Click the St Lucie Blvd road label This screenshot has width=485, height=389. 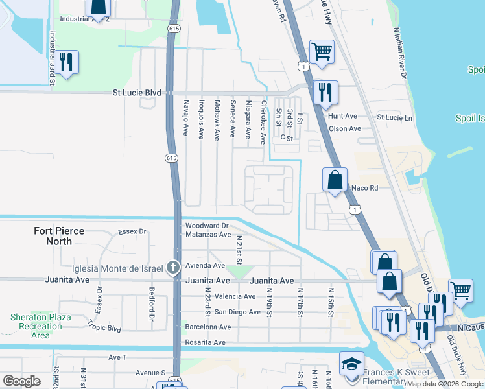(136, 93)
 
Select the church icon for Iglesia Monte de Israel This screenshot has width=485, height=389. (172, 266)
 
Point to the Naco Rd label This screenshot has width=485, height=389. (364, 187)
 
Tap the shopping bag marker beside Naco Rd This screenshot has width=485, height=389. (335, 180)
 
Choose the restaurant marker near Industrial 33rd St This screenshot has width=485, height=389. (66, 62)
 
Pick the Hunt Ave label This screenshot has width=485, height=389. (343, 116)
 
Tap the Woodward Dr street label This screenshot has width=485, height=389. (207, 226)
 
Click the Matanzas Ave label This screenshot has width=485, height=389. (207, 235)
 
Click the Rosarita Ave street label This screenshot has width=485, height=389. (203, 342)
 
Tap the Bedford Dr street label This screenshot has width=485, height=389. (151, 304)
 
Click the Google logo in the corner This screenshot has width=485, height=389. (21, 381)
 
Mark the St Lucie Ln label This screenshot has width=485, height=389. (395, 118)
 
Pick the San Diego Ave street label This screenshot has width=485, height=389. (237, 312)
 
